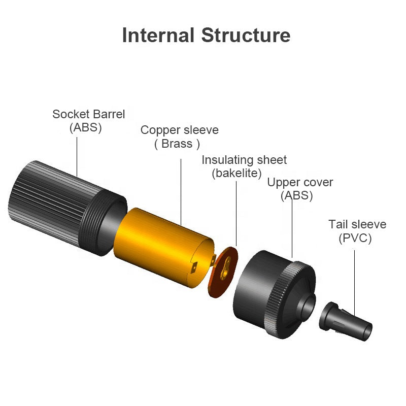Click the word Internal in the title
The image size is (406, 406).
(x=158, y=36)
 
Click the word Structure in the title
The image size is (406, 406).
(x=246, y=36)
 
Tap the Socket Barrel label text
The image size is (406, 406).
(x=88, y=114)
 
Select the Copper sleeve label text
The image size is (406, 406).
(x=179, y=130)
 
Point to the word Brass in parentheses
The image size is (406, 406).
(x=177, y=144)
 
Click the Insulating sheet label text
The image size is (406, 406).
(x=244, y=160)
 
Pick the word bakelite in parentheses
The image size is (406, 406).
(x=236, y=173)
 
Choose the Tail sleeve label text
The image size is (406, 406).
(x=357, y=224)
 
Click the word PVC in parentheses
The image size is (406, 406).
(x=355, y=238)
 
